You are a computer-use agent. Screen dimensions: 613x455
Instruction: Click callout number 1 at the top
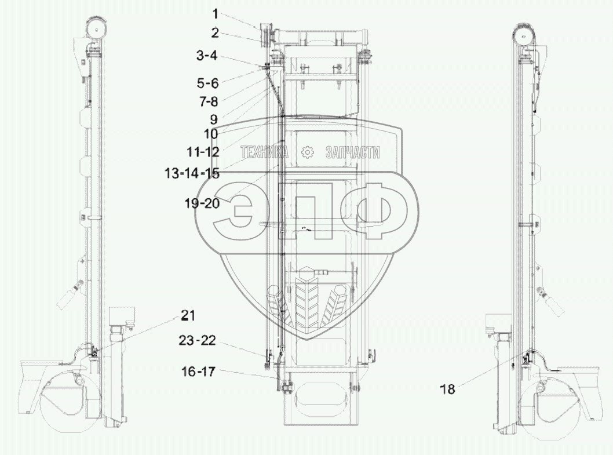(x=215, y=14)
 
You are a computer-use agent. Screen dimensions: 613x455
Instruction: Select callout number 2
(x=215, y=33)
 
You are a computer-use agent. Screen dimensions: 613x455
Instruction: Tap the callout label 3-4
(x=207, y=56)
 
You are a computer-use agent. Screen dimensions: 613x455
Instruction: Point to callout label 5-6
(x=207, y=83)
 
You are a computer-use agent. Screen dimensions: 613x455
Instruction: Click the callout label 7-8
(x=209, y=101)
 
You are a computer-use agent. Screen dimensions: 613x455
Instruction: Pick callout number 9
(x=213, y=119)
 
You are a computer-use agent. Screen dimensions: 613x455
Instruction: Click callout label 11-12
(x=203, y=151)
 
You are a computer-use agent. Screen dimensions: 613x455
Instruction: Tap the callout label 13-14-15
(x=192, y=173)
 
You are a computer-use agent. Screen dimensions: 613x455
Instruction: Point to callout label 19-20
(x=202, y=203)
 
